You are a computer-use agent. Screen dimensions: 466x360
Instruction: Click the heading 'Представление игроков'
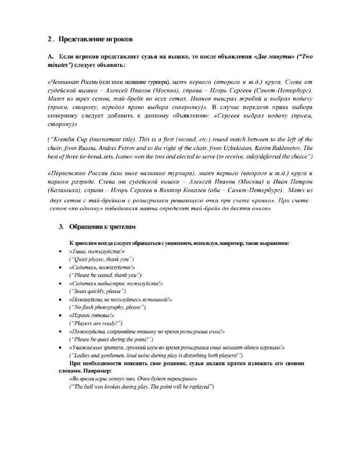coord(95,40)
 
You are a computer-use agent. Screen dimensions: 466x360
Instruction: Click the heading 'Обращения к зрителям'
coord(101,226)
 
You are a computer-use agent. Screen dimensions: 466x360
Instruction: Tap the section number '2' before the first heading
coord(49,40)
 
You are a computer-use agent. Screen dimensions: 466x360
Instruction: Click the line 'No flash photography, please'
coord(107,307)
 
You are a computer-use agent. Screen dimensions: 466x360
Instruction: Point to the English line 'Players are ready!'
coord(95,323)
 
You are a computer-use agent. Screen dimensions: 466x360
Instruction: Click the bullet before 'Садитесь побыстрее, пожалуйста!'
coord(61,284)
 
